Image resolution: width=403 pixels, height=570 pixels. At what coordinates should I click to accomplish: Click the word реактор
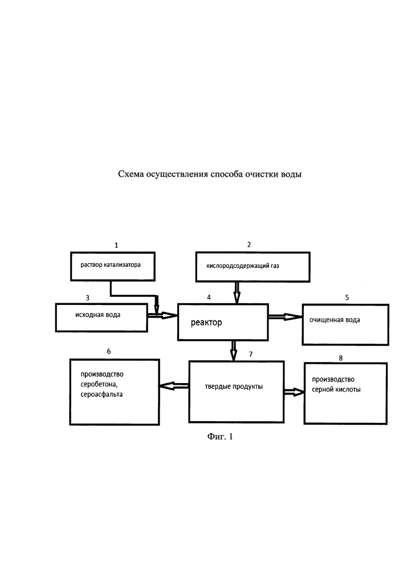click(206, 323)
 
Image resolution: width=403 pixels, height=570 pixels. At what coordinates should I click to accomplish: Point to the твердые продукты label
click(234, 386)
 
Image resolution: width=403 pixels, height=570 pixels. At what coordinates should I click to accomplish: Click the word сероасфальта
click(101, 394)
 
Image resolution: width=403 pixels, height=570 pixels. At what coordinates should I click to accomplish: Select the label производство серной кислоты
click(336, 384)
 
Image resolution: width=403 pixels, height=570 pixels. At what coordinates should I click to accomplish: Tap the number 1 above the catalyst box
click(116, 245)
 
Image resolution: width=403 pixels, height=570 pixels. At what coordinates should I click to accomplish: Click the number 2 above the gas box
click(249, 245)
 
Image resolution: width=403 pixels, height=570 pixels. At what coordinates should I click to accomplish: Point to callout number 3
click(87, 298)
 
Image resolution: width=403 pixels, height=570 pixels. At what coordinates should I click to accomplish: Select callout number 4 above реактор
click(209, 298)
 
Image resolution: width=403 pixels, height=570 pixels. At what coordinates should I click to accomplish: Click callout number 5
click(347, 298)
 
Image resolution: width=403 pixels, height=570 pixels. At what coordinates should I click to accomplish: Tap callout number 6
click(109, 351)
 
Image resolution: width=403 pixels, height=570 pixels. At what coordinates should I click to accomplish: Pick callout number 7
click(251, 354)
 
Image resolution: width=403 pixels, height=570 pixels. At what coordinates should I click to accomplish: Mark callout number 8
click(340, 358)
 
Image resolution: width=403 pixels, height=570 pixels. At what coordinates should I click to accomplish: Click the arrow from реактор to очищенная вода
click(285, 317)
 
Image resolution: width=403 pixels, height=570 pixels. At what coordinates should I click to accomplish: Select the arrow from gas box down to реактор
click(237, 292)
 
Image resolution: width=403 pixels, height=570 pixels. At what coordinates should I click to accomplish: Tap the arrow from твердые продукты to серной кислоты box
click(294, 392)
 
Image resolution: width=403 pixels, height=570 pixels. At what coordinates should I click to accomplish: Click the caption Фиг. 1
click(220, 436)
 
